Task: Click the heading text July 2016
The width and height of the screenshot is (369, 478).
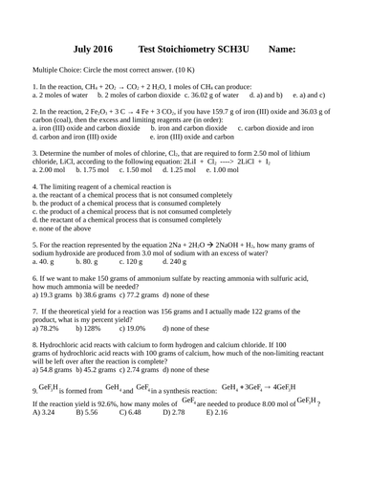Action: pyautogui.click(x=93, y=47)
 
